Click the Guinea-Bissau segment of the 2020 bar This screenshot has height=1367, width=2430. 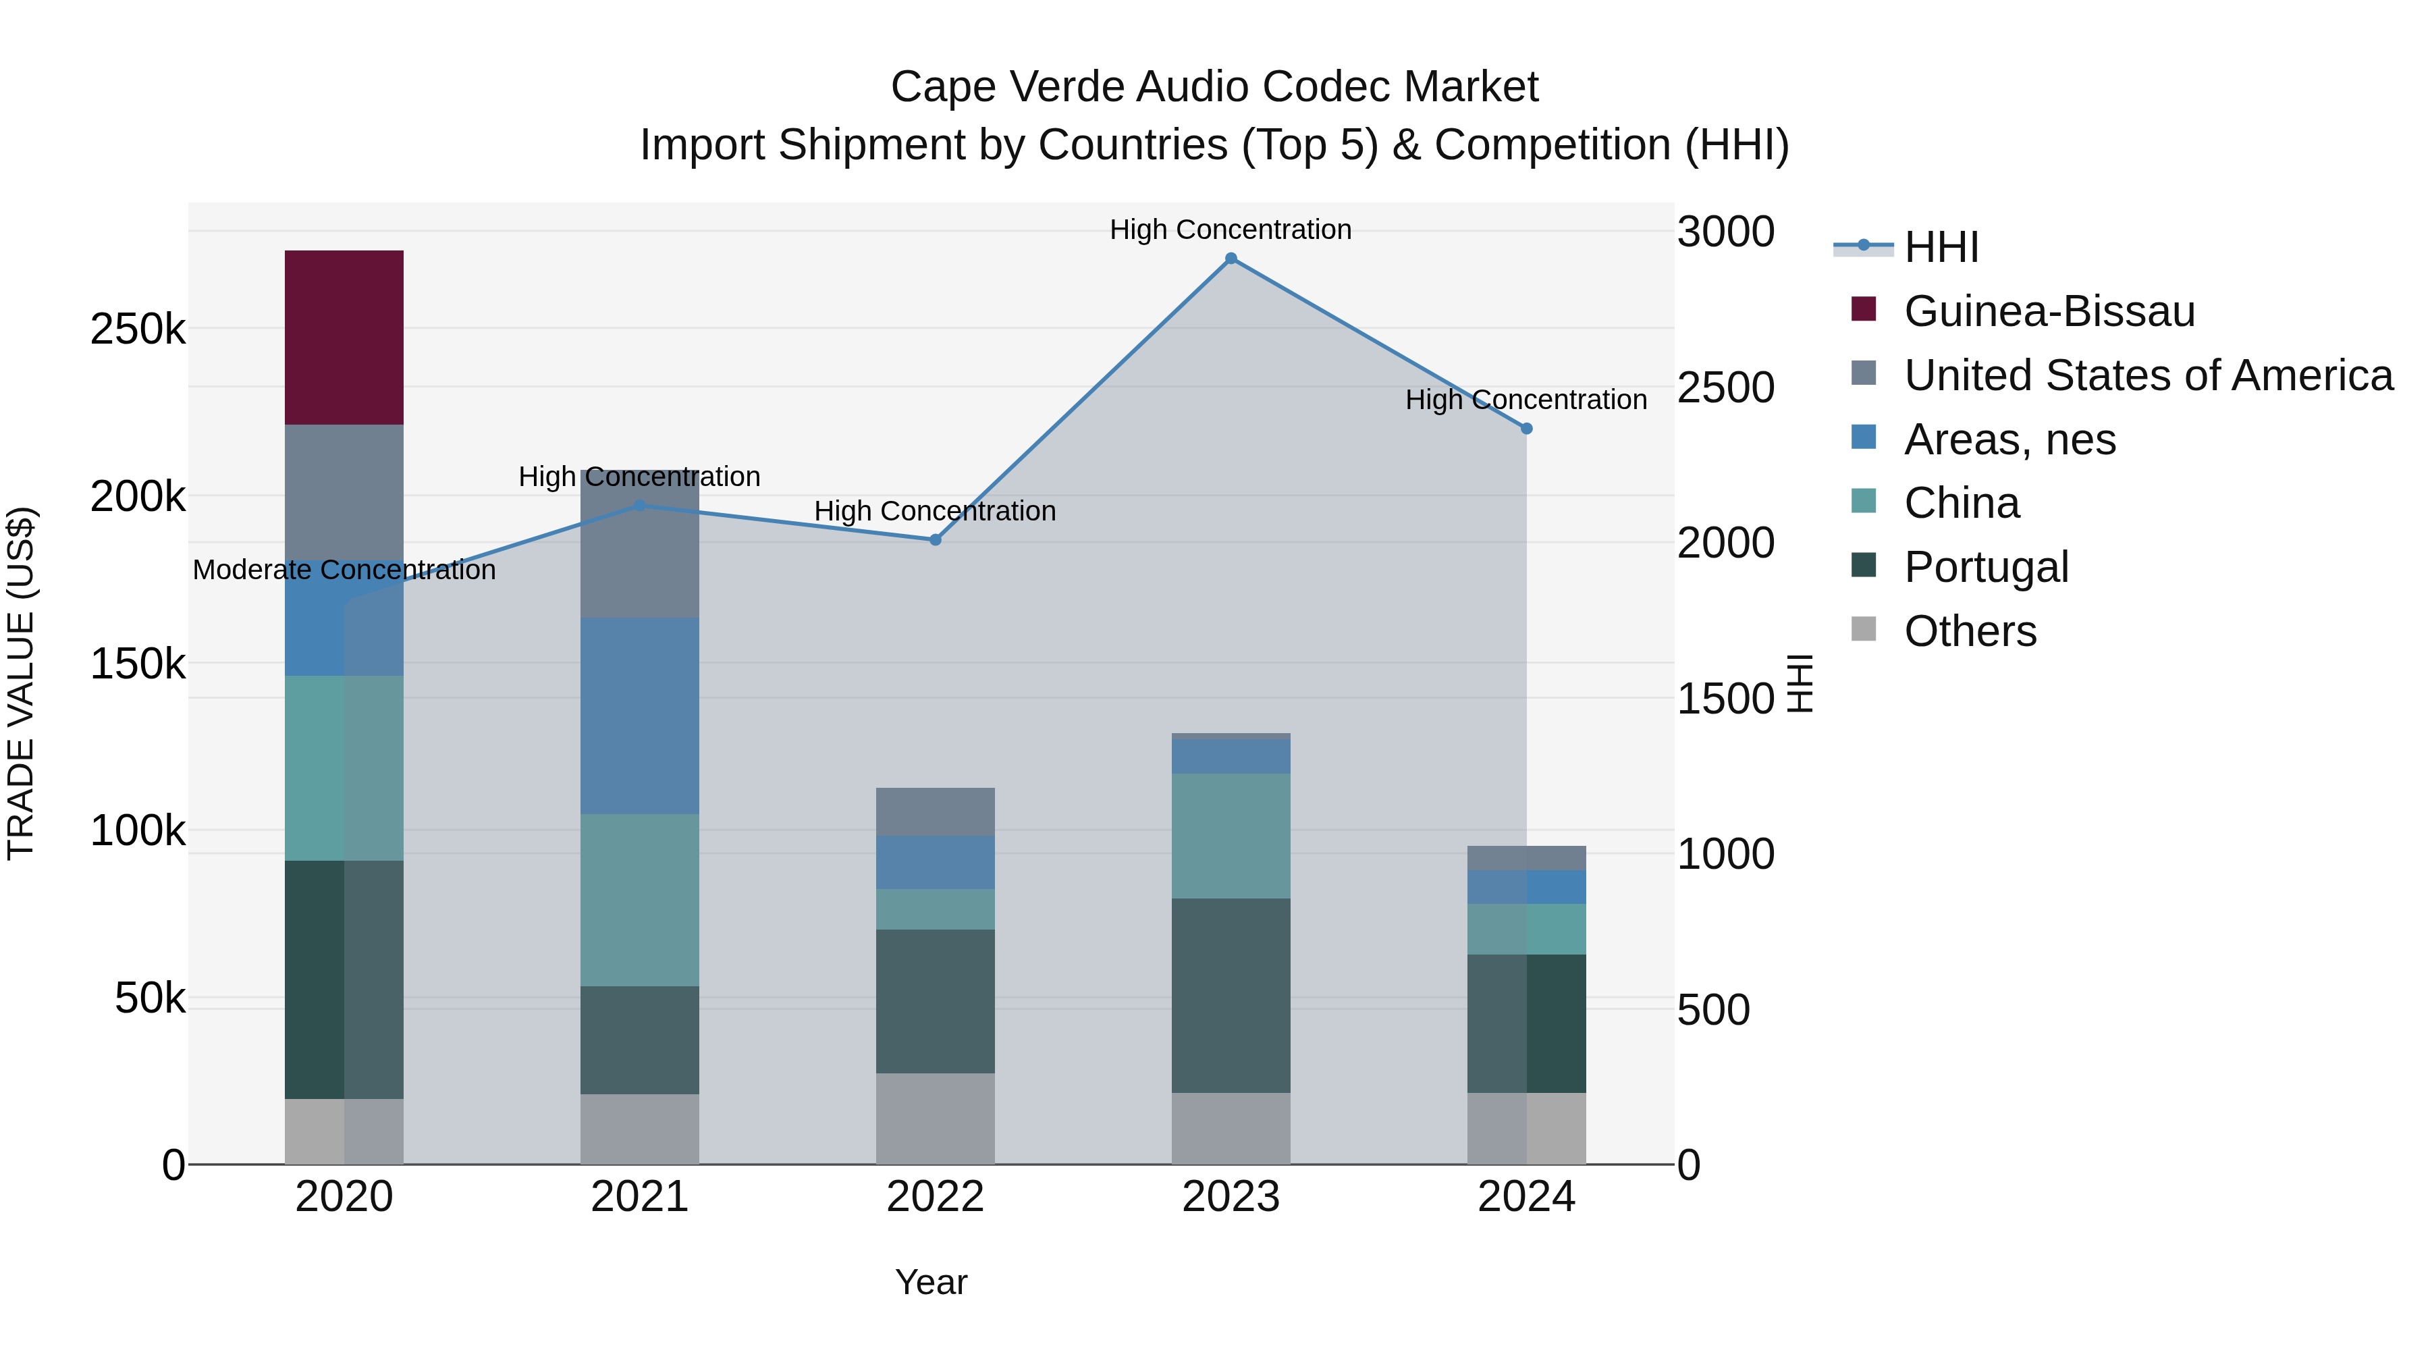tap(344, 337)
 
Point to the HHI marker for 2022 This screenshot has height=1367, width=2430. tap(935, 539)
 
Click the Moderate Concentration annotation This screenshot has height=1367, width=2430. tap(344, 570)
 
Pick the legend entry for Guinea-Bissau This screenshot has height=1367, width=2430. tap(2049, 311)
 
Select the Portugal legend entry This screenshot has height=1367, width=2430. tap(1986, 567)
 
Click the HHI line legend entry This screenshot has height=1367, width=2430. tap(1941, 247)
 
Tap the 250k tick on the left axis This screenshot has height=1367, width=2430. tap(138, 329)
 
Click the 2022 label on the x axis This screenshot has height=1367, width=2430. tap(935, 1197)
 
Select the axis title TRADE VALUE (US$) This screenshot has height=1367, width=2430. tap(21, 683)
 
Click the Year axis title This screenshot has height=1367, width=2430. tap(931, 1282)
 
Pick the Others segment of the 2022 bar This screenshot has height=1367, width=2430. tap(935, 1118)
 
